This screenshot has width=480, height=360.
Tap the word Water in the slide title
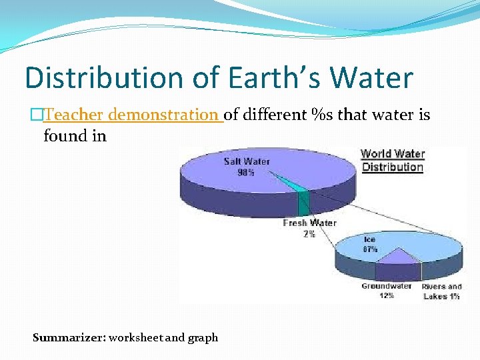[x=371, y=77]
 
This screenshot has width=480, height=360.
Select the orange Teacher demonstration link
[x=131, y=115]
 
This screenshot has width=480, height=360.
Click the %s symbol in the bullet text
[x=323, y=115]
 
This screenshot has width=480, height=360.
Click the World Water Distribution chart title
[x=392, y=160]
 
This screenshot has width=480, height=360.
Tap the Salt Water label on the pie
[x=247, y=161]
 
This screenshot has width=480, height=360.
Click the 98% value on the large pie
[x=247, y=173]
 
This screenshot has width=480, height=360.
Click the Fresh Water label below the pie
[x=309, y=223]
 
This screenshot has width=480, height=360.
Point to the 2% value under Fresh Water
[x=309, y=234]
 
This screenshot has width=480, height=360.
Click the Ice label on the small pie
[x=370, y=238]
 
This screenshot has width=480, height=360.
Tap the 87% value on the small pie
[x=370, y=249]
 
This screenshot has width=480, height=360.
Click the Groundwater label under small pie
[x=387, y=286]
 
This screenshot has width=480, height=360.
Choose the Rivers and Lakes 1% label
[x=441, y=291]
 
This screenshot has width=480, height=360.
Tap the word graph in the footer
[x=203, y=337]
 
